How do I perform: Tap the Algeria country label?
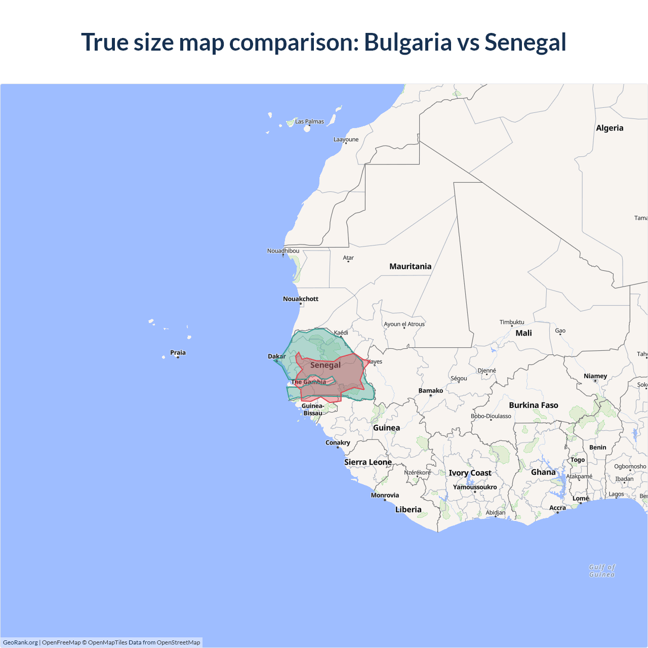point(610,128)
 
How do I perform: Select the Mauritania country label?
point(410,266)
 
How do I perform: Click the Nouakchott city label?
point(301,299)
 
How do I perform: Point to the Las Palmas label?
point(309,121)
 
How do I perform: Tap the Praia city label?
point(178,353)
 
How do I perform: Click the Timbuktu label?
point(512,322)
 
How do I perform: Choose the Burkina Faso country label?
point(534,405)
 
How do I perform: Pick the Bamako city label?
point(431,390)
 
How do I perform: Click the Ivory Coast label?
point(470,473)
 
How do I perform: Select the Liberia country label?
point(408,509)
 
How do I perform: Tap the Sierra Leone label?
point(368,462)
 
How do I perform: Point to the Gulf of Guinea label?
point(602,571)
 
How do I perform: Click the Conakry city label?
point(338,442)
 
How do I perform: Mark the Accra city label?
point(557,508)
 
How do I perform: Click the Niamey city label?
point(595,376)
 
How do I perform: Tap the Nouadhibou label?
point(283,251)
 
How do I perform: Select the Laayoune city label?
point(346,139)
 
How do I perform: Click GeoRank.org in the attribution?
point(20,642)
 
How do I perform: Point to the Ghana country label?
point(543,472)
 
